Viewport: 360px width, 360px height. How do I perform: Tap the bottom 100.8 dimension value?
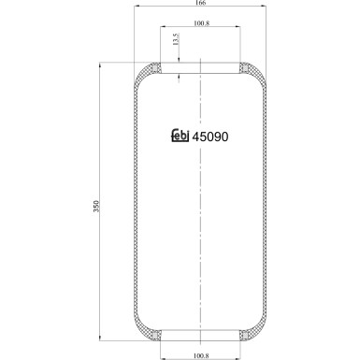[x=201, y=354]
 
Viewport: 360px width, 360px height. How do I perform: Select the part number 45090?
[x=209, y=137]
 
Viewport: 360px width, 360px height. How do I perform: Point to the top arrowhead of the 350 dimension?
[x=101, y=65]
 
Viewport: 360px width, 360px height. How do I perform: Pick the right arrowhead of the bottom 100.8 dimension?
[x=239, y=349]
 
